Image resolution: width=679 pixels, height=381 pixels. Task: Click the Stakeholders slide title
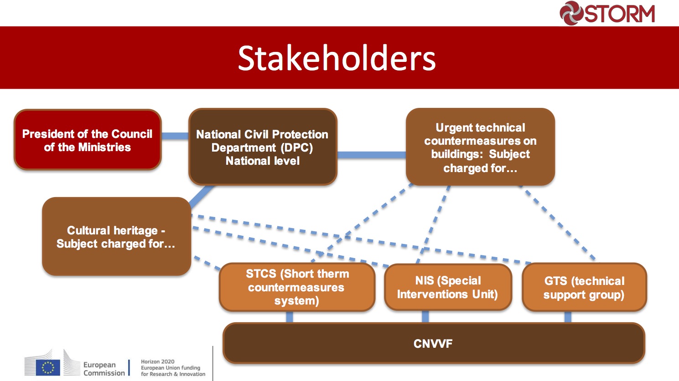coord(337,58)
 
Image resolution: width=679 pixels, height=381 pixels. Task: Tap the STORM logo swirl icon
coord(571,13)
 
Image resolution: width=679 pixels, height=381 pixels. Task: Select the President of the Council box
coord(88,140)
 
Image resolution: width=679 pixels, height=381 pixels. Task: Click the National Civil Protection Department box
coord(263,147)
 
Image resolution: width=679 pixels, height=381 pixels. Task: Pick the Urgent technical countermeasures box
coord(481,147)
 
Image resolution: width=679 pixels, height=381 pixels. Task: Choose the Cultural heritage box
coord(116,236)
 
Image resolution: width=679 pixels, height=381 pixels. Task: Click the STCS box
coord(297,287)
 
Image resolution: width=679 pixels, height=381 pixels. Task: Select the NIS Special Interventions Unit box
coord(448,287)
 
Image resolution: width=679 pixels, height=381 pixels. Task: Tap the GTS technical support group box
coord(584,287)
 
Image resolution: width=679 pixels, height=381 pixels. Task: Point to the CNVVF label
coord(433,344)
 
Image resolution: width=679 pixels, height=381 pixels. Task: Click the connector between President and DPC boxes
coord(175,136)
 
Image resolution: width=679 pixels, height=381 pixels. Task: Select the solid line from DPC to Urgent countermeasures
coord(372,155)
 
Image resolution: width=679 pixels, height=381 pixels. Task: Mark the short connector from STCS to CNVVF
coord(290,317)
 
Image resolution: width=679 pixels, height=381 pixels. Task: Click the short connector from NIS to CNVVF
coord(425,316)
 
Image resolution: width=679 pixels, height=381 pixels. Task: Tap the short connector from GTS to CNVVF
coord(568,317)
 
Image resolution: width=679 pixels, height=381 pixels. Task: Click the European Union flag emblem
coord(48,367)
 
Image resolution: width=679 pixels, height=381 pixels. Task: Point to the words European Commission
coord(104,369)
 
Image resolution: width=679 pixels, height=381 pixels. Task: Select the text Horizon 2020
coord(158,361)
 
